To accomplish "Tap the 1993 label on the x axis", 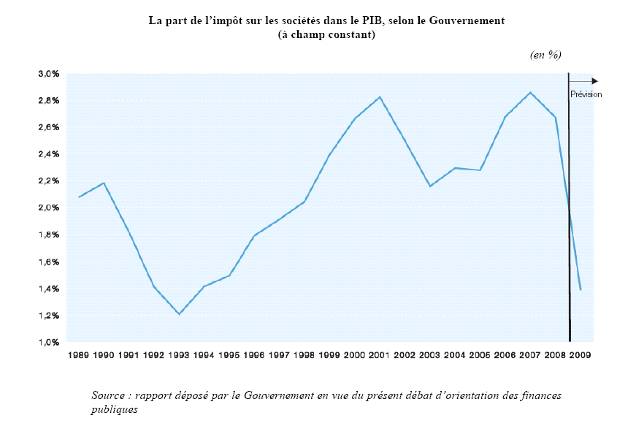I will [x=179, y=355].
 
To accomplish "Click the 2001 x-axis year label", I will [x=380, y=355].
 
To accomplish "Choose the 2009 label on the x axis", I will [x=581, y=355].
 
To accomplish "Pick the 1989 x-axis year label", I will [x=78, y=355].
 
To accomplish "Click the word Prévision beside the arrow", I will [x=586, y=94].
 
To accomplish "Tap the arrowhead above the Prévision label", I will [x=595, y=81].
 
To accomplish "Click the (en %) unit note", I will [x=545, y=55].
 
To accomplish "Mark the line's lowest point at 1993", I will [x=179, y=314].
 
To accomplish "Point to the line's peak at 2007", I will [x=530, y=92].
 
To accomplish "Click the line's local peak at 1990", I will [x=104, y=183].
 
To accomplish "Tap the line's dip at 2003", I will [x=430, y=186].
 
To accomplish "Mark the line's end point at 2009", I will [x=581, y=290].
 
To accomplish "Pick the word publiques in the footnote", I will [x=115, y=409].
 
